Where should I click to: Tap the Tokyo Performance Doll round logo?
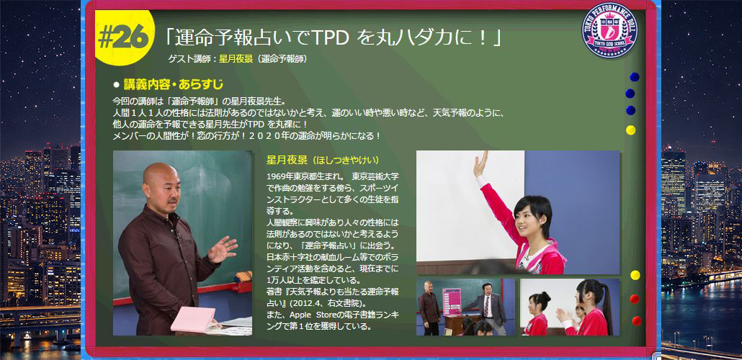(x=609, y=30)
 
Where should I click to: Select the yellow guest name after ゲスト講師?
(x=235, y=59)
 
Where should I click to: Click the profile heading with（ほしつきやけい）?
(x=323, y=160)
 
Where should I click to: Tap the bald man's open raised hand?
(x=223, y=248)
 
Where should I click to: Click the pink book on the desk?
(x=194, y=319)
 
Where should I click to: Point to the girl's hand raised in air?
(x=480, y=163)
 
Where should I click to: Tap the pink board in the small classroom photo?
(x=452, y=302)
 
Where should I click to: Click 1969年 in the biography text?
(x=279, y=176)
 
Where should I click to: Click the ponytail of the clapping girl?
(x=605, y=302)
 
